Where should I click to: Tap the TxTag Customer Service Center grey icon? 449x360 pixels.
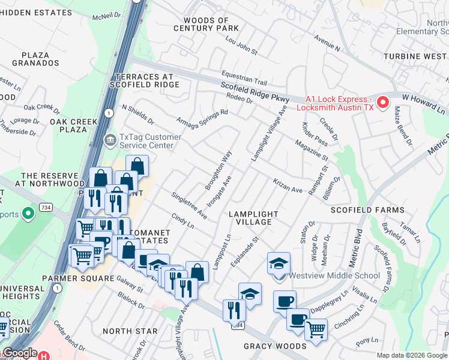(x=110, y=141)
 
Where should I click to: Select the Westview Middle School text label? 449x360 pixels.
(x=334, y=276)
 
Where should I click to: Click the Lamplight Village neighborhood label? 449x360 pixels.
(x=253, y=218)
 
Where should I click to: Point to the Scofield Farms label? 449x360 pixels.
(x=368, y=210)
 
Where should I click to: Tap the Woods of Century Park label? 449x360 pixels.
(x=206, y=25)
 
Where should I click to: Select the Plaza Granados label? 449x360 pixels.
(x=39, y=58)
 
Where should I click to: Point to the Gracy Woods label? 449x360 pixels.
(x=275, y=346)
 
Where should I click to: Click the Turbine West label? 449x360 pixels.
(x=418, y=56)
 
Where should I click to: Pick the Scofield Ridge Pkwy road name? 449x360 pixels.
(x=255, y=93)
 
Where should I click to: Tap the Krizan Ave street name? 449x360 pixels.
(x=288, y=185)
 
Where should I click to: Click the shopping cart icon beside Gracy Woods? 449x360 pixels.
(x=316, y=329)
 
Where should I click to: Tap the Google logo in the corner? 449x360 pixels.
(x=20, y=353)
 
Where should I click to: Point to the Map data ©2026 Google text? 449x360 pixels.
(x=412, y=355)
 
